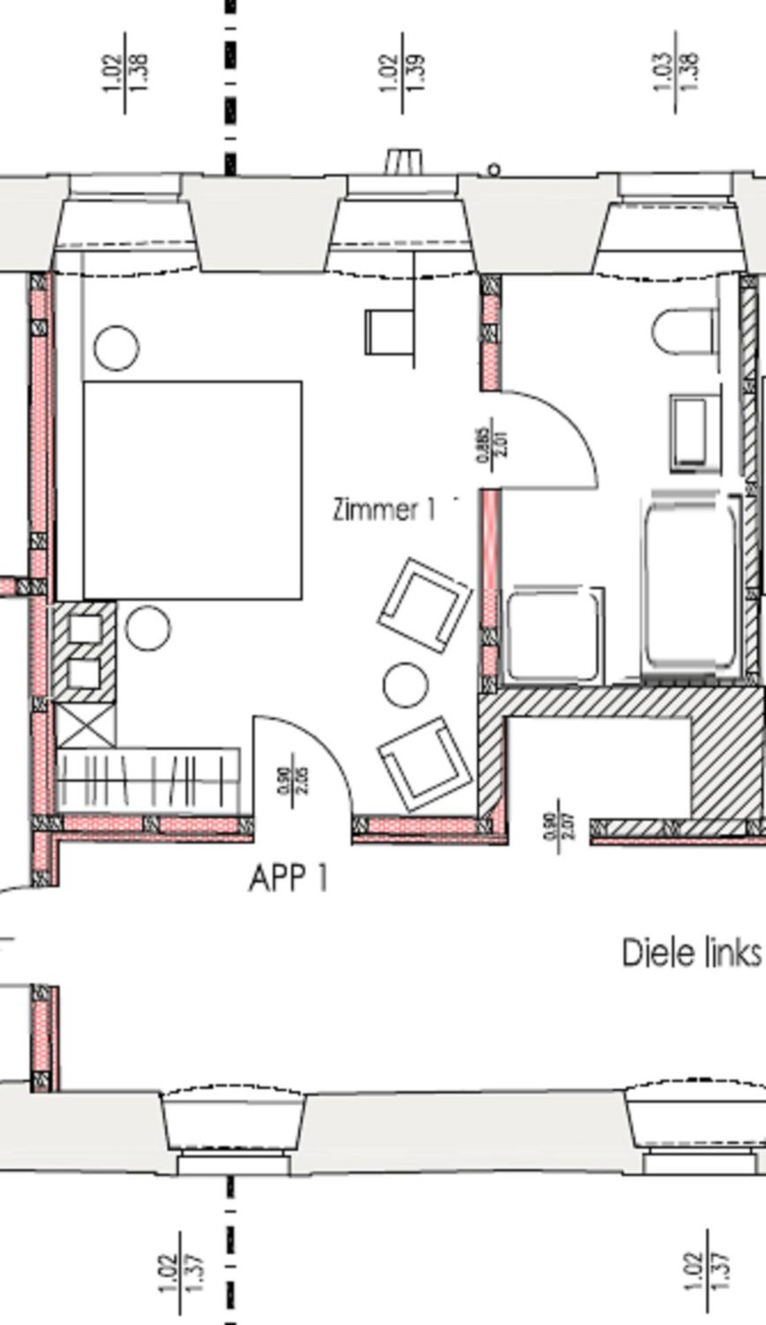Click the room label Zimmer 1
tap(384, 510)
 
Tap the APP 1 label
tap(288, 879)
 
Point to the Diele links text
tap(691, 953)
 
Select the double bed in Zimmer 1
tap(193, 490)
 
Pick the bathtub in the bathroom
tap(690, 583)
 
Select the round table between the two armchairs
tap(405, 685)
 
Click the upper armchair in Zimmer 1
tap(424, 605)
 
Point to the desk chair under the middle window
tap(389, 332)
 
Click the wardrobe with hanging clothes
tap(148, 780)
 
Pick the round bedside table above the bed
tap(116, 347)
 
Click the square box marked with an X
tap(86, 725)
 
